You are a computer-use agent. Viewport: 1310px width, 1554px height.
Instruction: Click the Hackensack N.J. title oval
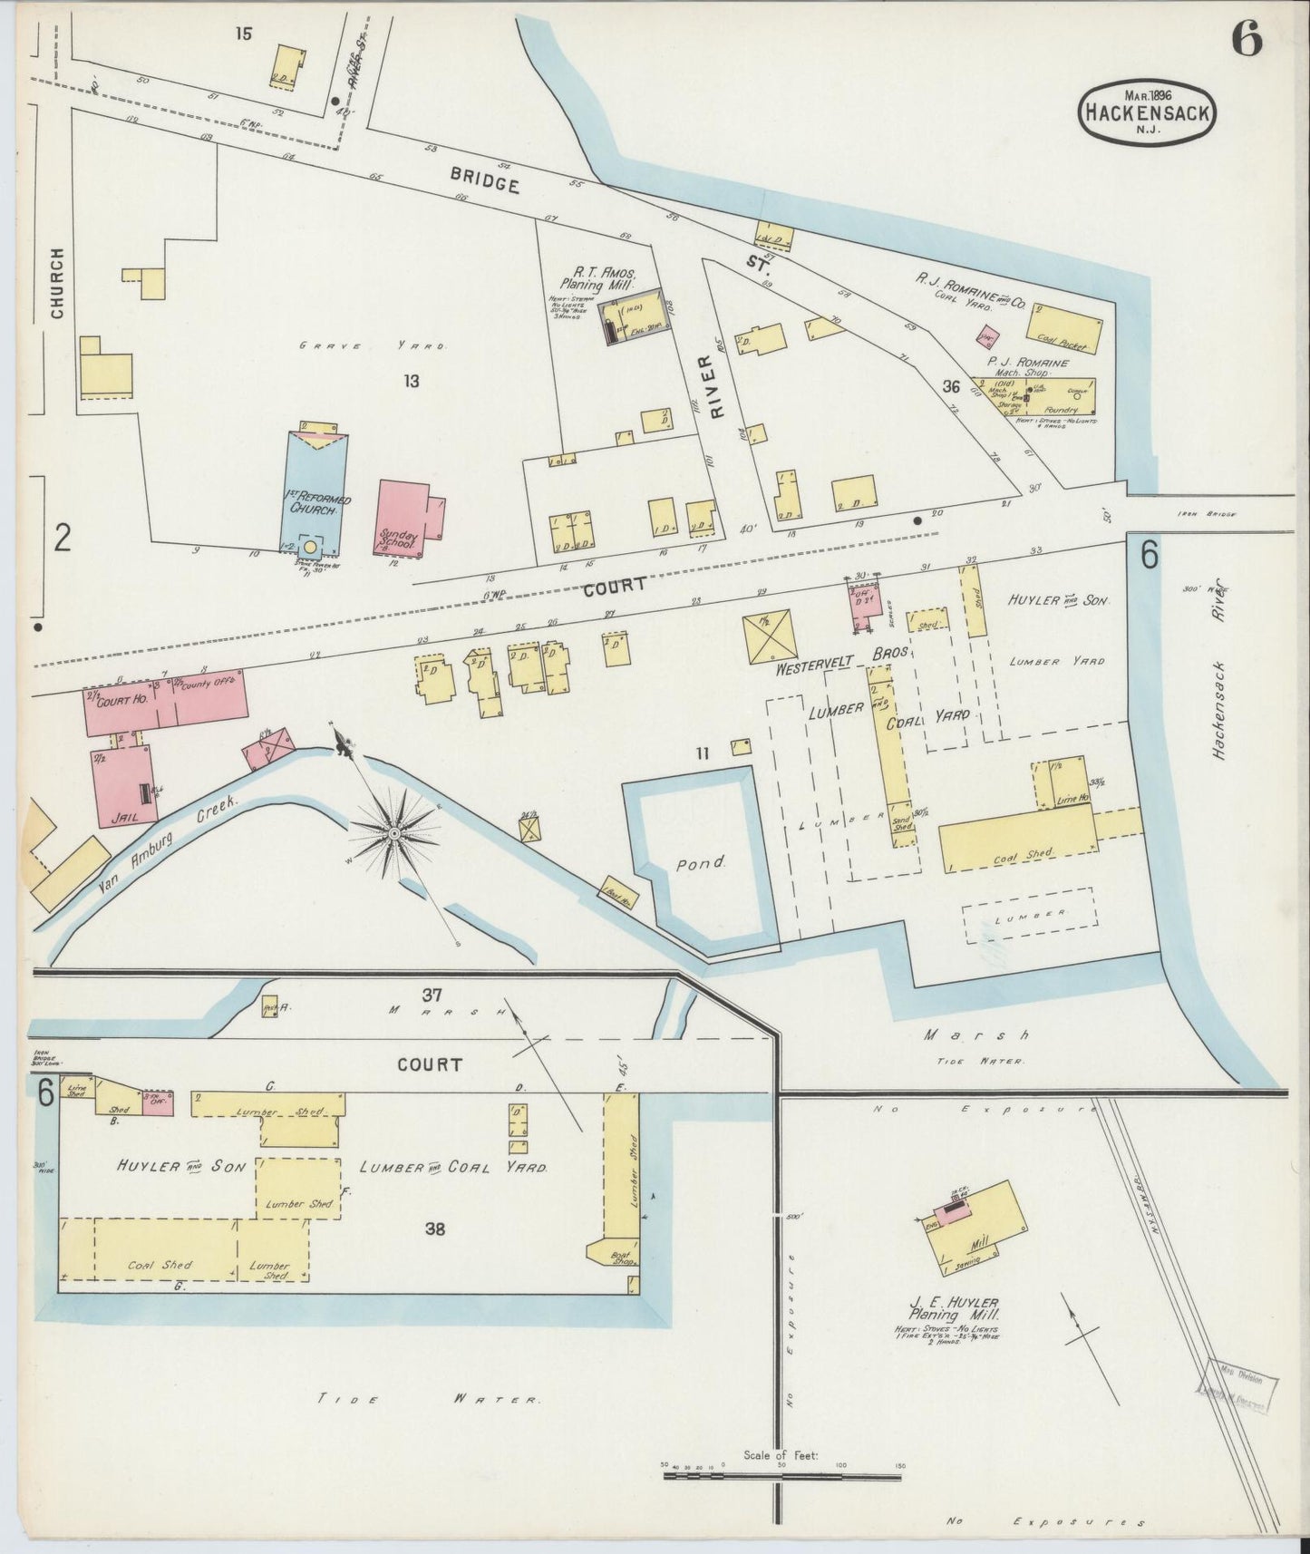(x=1147, y=112)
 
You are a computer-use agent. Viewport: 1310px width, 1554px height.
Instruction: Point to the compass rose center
(x=395, y=831)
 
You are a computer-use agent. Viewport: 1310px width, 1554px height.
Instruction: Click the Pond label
(x=701, y=864)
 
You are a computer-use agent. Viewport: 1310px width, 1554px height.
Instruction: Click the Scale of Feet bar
(x=781, y=1477)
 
